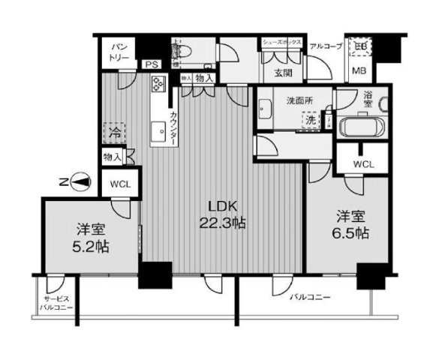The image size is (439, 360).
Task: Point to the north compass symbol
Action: pyautogui.click(x=80, y=181)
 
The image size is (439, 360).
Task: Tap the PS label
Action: pyautogui.click(x=152, y=65)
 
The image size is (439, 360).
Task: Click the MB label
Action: pyautogui.click(x=359, y=71)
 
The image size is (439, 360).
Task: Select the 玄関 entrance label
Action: pyautogui.click(x=283, y=73)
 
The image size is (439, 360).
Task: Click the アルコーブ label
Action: pyautogui.click(x=326, y=46)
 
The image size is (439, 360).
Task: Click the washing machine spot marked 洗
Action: pyautogui.click(x=309, y=119)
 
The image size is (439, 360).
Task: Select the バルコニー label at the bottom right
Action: pyautogui.click(x=311, y=298)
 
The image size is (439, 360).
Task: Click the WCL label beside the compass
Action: pyautogui.click(x=119, y=184)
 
